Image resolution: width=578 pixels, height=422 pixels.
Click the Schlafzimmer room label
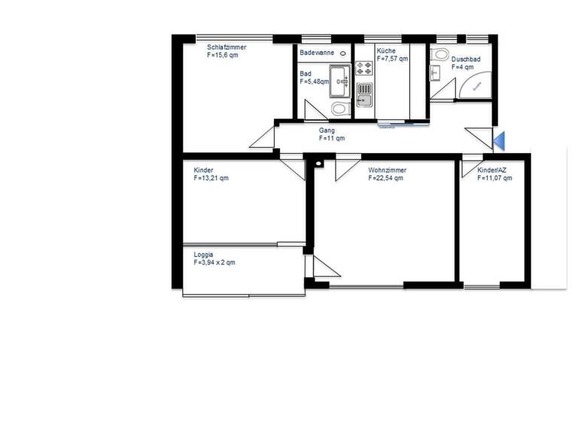[227, 47]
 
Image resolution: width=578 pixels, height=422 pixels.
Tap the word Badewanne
[317, 53]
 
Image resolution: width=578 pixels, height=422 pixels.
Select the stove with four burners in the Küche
[364, 69]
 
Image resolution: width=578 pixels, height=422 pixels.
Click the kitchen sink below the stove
[364, 95]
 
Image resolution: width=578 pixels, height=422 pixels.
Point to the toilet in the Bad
[340, 109]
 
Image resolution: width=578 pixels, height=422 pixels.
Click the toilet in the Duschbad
[440, 54]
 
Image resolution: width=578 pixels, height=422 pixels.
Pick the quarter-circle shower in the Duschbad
[475, 84]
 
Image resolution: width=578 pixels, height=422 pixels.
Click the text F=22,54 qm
[386, 179]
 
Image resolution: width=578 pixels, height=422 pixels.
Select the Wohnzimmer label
[386, 171]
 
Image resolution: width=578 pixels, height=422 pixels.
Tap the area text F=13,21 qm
[211, 179]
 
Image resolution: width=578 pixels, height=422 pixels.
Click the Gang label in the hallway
[327, 130]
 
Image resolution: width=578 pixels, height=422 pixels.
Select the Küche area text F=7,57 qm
[392, 59]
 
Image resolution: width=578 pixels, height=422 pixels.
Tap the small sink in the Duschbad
[435, 73]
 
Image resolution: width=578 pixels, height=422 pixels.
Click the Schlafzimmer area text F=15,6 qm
[222, 56]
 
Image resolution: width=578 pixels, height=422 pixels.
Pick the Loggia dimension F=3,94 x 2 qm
[214, 263]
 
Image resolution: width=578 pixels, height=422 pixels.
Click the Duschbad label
[466, 59]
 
